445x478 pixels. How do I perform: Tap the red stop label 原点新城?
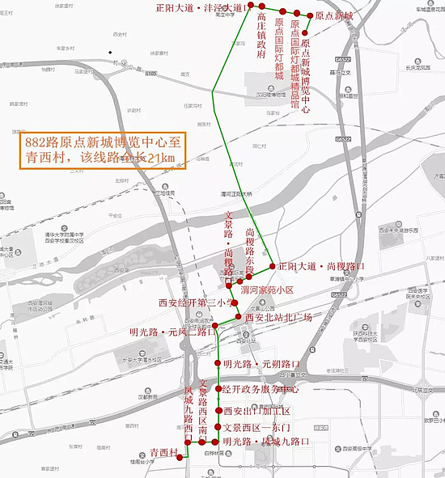pos(334,16)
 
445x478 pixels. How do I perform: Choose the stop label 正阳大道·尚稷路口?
pos(321,265)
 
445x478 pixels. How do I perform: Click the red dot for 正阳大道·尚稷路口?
pos(273,265)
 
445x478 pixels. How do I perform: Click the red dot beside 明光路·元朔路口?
pos(218,363)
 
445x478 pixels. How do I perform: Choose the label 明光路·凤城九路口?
pos(267,442)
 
